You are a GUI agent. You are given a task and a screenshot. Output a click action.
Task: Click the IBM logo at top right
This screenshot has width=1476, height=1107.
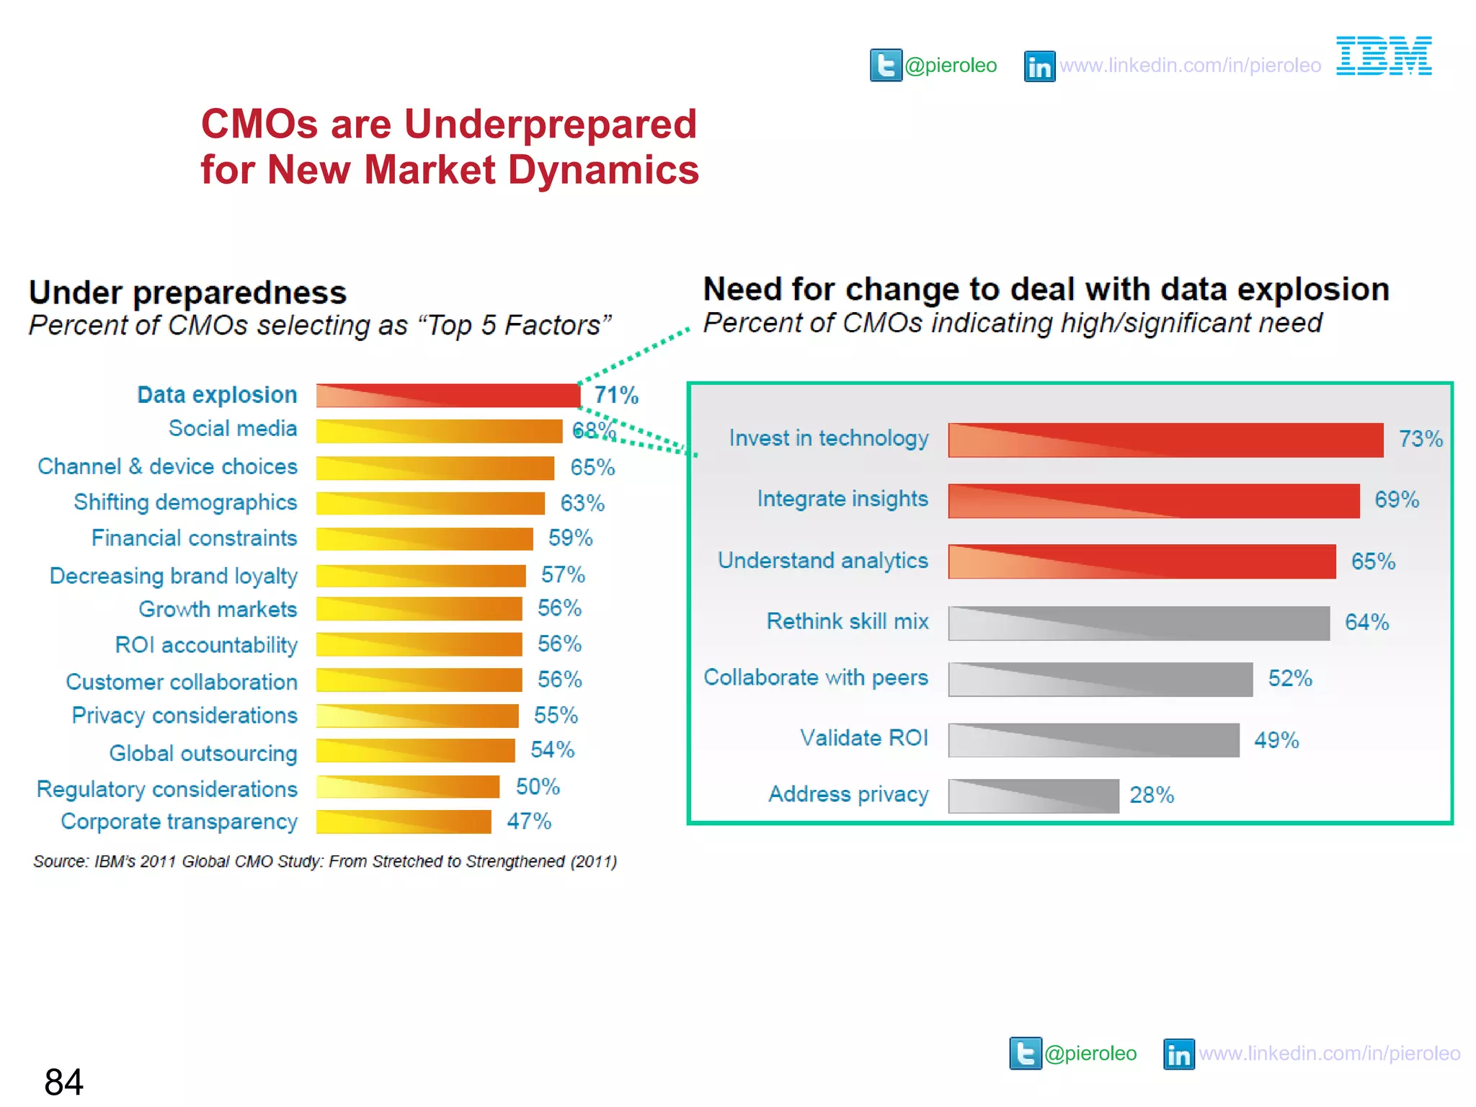pyautogui.click(x=1383, y=56)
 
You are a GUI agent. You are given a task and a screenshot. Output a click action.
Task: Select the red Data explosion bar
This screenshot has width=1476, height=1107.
pyautogui.click(x=448, y=395)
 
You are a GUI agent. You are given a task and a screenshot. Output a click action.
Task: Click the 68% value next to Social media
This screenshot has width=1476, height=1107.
pyautogui.click(x=593, y=430)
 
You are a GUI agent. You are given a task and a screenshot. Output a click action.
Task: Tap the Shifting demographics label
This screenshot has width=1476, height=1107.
pyautogui.click(x=185, y=502)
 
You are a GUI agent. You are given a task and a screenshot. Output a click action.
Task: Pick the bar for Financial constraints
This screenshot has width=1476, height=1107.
pyautogui.click(x=424, y=538)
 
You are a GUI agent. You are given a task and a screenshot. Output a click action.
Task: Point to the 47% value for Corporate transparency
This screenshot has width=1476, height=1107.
pyautogui.click(x=528, y=821)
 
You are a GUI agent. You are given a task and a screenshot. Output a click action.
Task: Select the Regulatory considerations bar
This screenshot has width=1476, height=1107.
pyautogui.click(x=407, y=786)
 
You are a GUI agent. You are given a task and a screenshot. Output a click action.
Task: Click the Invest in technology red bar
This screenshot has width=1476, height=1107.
pyautogui.click(x=1165, y=440)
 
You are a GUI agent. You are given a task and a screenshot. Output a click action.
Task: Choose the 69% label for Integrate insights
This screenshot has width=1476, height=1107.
pyautogui.click(x=1396, y=499)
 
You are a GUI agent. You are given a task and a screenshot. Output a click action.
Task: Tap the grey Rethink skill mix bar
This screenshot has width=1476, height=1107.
pyautogui.click(x=1138, y=623)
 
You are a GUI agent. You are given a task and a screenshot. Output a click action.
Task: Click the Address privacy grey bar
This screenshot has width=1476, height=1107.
pyautogui.click(x=1033, y=796)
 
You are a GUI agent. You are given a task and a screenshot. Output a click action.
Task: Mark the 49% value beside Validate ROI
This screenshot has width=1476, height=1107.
pyautogui.click(x=1276, y=740)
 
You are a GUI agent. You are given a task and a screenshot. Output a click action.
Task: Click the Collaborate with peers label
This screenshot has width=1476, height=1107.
pyautogui.click(x=815, y=677)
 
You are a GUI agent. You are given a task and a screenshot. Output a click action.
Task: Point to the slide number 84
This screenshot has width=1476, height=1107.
pyautogui.click(x=63, y=1082)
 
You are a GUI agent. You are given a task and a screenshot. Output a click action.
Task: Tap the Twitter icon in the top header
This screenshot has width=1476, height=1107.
pyautogui.click(x=885, y=66)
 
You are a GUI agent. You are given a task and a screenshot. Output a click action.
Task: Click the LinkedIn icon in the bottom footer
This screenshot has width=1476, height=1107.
pyautogui.click(x=1178, y=1054)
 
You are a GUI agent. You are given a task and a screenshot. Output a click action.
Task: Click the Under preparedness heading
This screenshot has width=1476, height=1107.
pyautogui.click(x=187, y=293)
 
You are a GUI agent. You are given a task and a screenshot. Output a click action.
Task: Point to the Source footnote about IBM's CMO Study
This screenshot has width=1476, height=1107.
pyautogui.click(x=324, y=861)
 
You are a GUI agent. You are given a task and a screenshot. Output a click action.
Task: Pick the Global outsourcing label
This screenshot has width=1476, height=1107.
pyautogui.click(x=203, y=753)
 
